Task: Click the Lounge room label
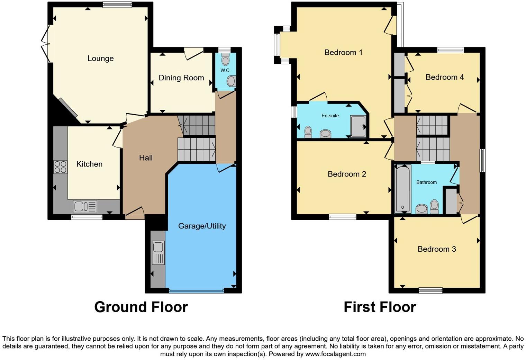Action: [100, 58]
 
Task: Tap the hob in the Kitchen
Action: [60, 167]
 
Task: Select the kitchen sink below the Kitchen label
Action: [85, 207]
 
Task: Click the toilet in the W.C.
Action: [225, 61]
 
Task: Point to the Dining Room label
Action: [181, 78]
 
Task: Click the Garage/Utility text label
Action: [202, 226]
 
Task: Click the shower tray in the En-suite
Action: [358, 126]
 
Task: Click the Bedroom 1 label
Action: [343, 53]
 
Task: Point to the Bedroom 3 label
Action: [437, 249]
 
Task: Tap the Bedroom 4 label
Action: [444, 77]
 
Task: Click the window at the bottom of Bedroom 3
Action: [430, 290]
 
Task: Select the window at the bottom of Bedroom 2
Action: [342, 217]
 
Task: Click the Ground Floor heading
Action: [141, 307]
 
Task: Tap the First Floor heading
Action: [380, 307]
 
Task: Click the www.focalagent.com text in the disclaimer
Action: [335, 354]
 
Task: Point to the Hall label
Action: [146, 158]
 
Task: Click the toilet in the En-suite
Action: [308, 132]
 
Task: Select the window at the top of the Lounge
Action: [117, 4]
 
